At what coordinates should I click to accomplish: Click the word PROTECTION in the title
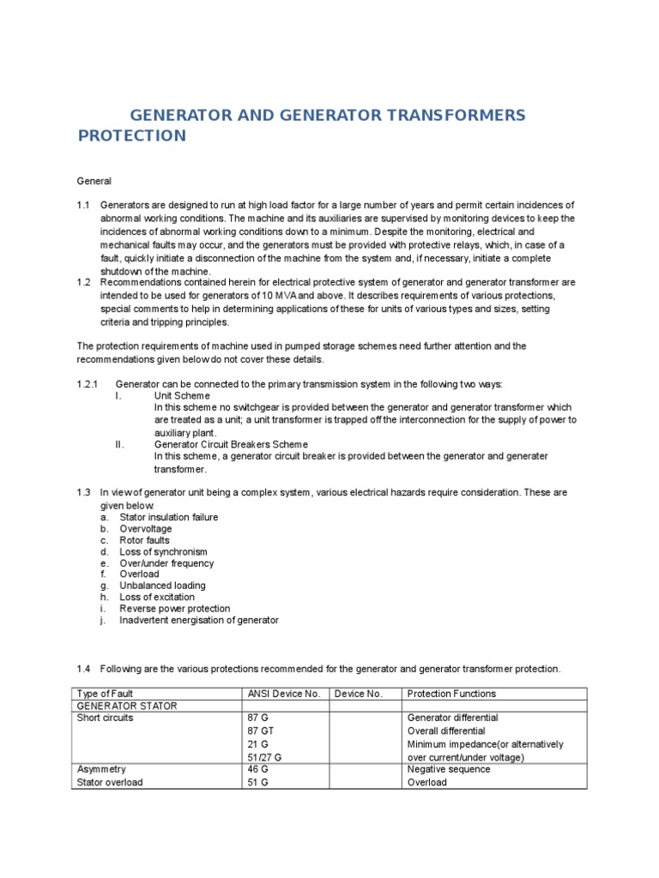point(131,135)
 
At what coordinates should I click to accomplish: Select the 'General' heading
point(94,181)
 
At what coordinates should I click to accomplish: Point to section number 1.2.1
point(88,383)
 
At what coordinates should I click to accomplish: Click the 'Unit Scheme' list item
point(182,396)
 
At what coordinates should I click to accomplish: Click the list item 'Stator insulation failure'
point(168,517)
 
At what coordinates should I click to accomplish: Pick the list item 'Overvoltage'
point(145,529)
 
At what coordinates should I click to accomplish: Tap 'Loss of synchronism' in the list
point(163,552)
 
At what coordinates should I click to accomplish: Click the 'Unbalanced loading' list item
point(162,586)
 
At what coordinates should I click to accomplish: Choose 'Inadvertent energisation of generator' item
point(198,619)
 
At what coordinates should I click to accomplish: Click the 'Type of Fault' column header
point(105,693)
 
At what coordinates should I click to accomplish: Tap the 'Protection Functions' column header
point(451,693)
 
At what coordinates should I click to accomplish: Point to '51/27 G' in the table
point(264,757)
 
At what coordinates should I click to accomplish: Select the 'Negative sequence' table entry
point(449,769)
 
